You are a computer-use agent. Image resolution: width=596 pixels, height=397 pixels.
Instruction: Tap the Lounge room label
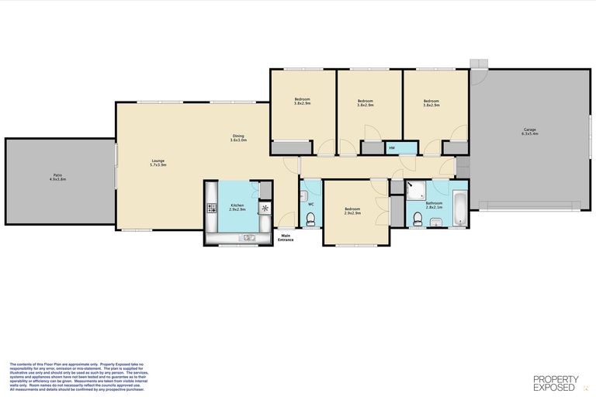click(x=158, y=163)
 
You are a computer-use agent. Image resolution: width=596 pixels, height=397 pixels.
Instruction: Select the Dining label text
click(x=238, y=138)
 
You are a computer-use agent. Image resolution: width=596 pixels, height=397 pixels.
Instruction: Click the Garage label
click(x=530, y=131)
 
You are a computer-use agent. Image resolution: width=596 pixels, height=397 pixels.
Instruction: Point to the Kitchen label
click(x=237, y=207)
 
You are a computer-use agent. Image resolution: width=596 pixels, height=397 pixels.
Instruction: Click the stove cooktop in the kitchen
click(x=211, y=209)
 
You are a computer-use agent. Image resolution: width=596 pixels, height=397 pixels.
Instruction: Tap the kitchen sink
click(x=248, y=237)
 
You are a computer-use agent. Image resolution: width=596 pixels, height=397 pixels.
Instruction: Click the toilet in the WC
click(x=310, y=222)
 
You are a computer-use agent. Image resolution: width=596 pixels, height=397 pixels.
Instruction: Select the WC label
click(x=310, y=204)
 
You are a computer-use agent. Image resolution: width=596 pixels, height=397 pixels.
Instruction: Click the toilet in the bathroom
click(x=418, y=223)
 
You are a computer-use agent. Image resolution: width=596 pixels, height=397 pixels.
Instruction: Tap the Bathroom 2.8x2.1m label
click(x=434, y=205)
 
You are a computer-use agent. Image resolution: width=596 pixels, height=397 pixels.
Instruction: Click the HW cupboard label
click(x=392, y=147)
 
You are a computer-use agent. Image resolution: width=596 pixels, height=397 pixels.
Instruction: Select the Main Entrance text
click(x=286, y=237)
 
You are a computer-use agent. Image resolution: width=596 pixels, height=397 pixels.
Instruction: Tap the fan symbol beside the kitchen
click(x=265, y=208)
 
